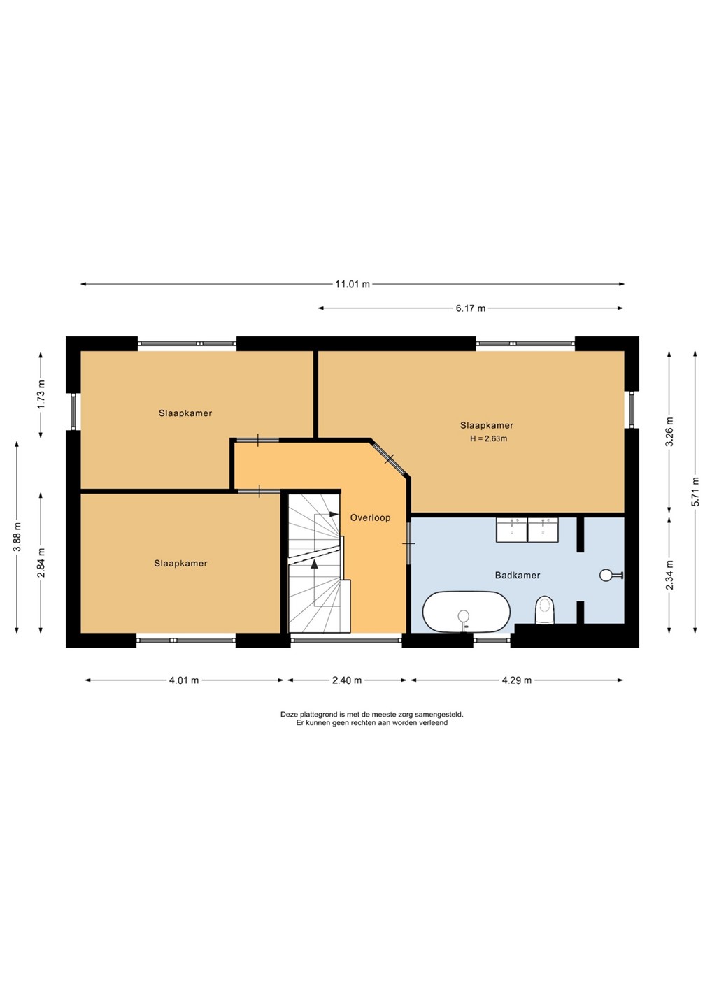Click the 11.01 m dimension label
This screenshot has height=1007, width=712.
353,284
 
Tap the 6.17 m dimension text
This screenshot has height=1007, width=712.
471,308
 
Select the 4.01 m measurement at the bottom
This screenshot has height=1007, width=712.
184,680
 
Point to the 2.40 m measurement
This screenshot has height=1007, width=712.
347,680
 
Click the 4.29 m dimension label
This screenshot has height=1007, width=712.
516,680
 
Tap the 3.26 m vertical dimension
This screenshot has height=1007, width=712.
670,431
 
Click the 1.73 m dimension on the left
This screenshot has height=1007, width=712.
41,394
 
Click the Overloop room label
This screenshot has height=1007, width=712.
371,517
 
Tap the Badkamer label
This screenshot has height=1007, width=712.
518,575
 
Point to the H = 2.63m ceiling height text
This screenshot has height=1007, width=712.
489,438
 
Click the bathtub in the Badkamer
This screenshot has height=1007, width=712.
466,612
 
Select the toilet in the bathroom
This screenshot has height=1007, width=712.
545,610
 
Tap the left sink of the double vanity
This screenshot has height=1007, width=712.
511,529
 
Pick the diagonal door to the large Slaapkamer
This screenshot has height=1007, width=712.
390,459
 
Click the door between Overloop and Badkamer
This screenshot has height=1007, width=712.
408,543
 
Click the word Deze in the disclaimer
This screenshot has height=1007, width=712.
289,714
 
